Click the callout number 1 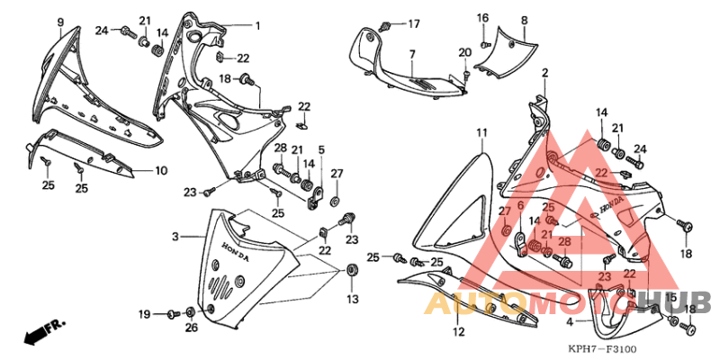256,25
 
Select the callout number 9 60,22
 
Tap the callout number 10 161,170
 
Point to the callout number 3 175,237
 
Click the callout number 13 352,299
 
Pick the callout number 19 144,313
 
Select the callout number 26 190,328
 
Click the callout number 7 411,55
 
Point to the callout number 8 524,19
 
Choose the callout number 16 483,18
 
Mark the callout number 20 465,52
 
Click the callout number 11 481,132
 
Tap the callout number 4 569,320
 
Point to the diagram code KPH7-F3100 602,348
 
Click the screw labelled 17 387,24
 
